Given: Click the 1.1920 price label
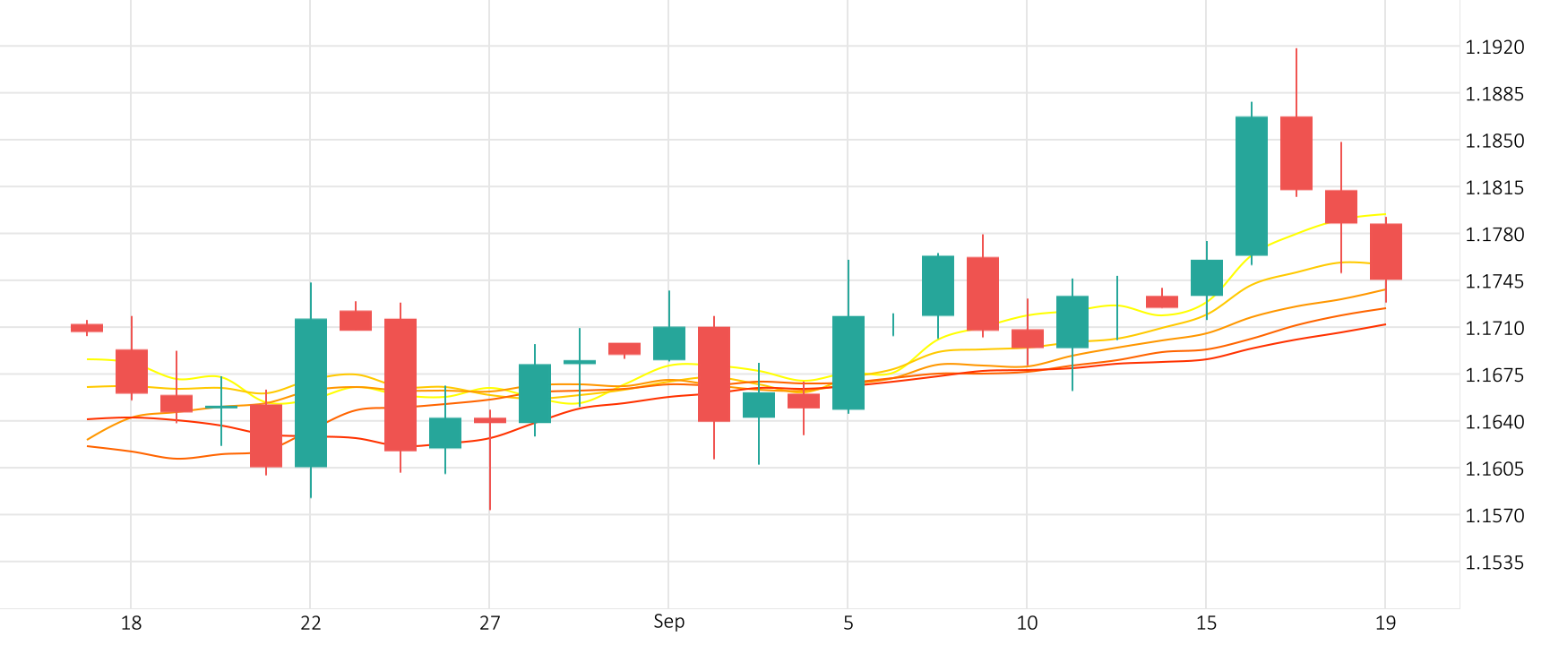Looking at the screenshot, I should click(1494, 47).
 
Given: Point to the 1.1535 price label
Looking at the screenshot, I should click(1494, 563).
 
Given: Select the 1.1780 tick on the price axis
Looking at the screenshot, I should click(1494, 235).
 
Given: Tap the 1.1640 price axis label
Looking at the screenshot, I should click(1494, 422).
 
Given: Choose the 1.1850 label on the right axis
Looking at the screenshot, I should click(1494, 141).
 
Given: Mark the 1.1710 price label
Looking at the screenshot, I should click(1494, 328).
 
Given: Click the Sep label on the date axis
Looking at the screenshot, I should click(668, 622).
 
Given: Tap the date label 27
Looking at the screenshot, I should click(489, 623).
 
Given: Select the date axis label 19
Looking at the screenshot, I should click(1385, 623).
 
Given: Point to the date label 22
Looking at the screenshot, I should click(310, 623).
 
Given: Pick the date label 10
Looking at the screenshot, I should click(1027, 623).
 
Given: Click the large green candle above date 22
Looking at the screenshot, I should click(311, 392).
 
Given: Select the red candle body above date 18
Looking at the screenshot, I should click(132, 371).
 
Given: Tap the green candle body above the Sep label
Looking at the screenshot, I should click(669, 343).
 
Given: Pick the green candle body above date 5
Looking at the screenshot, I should click(848, 363).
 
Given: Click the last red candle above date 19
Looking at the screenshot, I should click(1386, 252).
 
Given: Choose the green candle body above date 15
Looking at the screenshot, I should click(1207, 278).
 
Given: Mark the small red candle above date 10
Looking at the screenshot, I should click(1028, 339).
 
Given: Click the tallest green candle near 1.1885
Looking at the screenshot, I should click(1252, 186).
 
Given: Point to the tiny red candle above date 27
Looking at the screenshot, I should click(490, 420).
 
